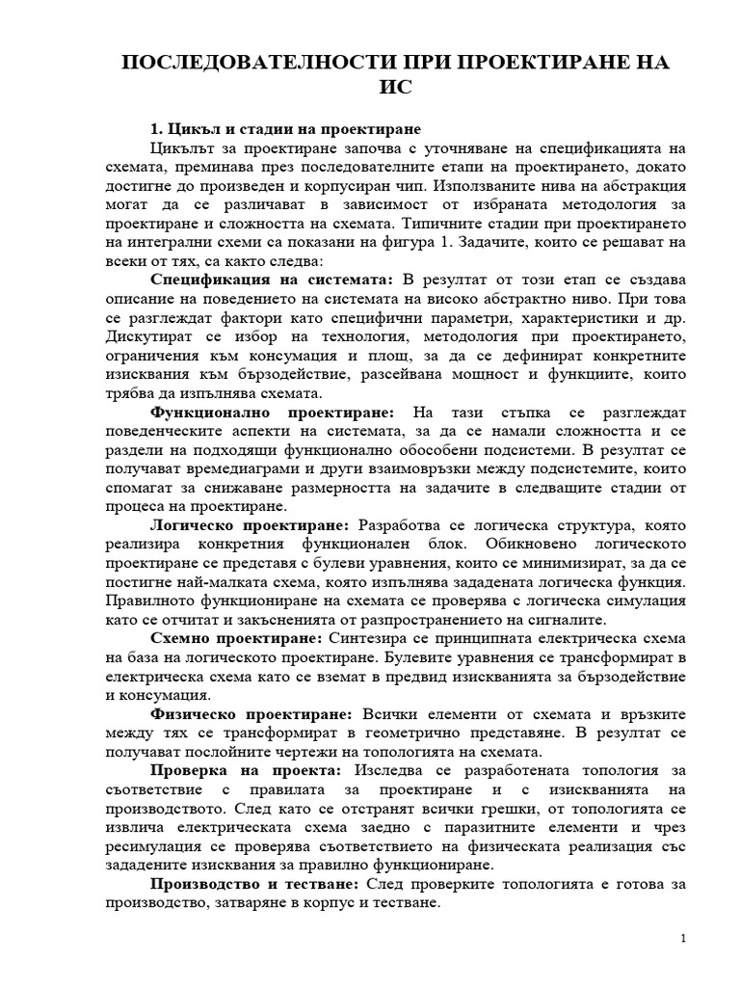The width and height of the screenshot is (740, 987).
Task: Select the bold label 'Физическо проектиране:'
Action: click(x=252, y=713)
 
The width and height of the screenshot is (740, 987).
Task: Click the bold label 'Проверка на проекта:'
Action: click(x=246, y=770)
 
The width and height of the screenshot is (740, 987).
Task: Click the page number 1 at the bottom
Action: click(x=682, y=939)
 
